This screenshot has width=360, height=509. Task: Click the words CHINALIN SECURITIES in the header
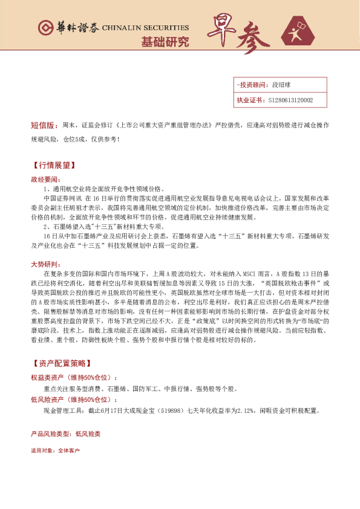coord(145,28)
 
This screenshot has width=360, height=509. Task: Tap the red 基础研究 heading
coord(165,42)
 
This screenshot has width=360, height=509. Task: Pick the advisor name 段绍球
coord(281,85)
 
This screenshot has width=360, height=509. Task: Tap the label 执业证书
coord(249,100)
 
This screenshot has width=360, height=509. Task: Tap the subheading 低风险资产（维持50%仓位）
coord(78,400)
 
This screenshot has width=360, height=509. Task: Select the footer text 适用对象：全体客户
coord(55,450)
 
